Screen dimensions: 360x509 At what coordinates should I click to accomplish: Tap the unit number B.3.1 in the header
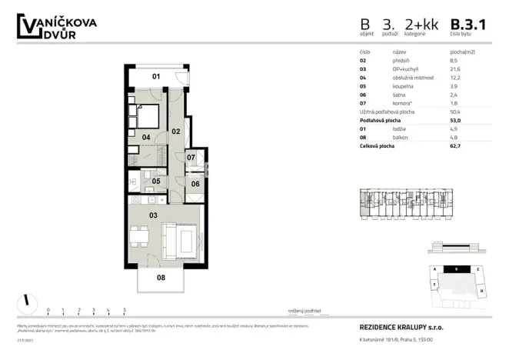(x=468, y=25)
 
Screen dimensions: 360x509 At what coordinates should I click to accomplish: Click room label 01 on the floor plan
(x=155, y=76)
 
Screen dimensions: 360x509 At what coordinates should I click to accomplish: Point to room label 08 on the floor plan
(x=161, y=278)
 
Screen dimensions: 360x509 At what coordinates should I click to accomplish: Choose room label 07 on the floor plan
(x=191, y=158)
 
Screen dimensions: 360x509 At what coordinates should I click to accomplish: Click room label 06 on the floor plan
(x=195, y=184)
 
